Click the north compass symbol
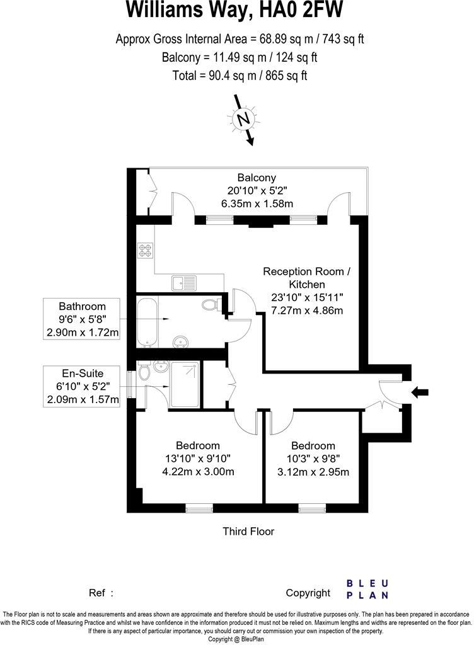pyautogui.click(x=242, y=119)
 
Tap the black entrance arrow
pyautogui.click(x=419, y=392)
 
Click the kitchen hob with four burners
pyautogui.click(x=146, y=251)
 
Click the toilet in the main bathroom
pyautogui.click(x=211, y=305)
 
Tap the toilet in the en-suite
pyautogui.click(x=144, y=374)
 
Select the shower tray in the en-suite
pyautogui.click(x=183, y=384)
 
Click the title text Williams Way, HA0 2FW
pyautogui.click(x=236, y=11)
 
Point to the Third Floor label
pyautogui.click(x=248, y=532)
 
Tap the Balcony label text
pyautogui.click(x=257, y=178)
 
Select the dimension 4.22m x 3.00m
pyautogui.click(x=198, y=472)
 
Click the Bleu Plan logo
pyautogui.click(x=367, y=588)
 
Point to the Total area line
pyautogui.click(x=240, y=76)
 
